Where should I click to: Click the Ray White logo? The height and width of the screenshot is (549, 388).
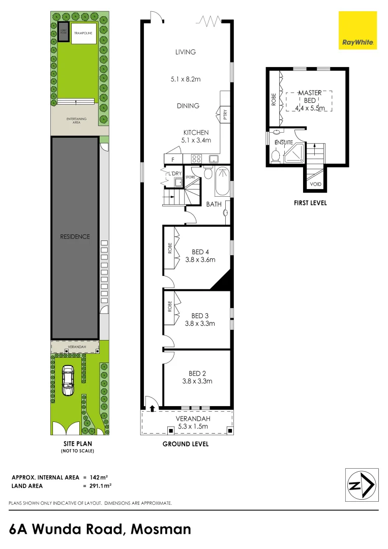point(358,31)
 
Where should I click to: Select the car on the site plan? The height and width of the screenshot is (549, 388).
point(67,381)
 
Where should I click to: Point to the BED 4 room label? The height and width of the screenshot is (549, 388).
point(200,252)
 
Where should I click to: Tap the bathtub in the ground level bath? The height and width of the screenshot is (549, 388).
point(223,182)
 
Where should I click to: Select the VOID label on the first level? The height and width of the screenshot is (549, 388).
point(315,184)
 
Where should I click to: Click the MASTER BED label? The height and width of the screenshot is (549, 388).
point(310,97)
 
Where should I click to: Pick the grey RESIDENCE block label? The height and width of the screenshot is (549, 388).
point(74,236)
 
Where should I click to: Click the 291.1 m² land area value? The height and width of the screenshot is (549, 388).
point(97,485)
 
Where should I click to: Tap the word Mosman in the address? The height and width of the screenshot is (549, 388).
point(161,529)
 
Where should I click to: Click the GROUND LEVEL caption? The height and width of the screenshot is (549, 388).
point(185,444)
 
